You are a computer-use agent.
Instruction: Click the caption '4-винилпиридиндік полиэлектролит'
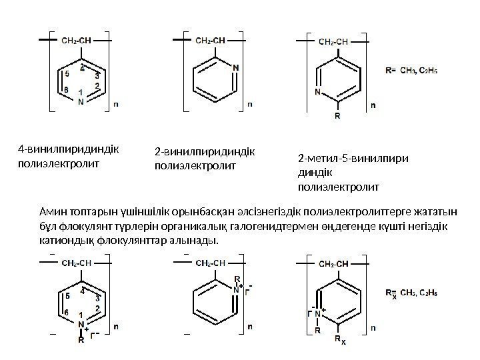[67, 155]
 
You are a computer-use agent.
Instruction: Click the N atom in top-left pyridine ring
[81, 102]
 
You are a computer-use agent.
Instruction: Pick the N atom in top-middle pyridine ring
[236, 67]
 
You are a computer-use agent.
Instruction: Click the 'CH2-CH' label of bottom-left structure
[77, 263]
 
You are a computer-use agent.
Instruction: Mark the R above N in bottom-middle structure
[236, 280]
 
